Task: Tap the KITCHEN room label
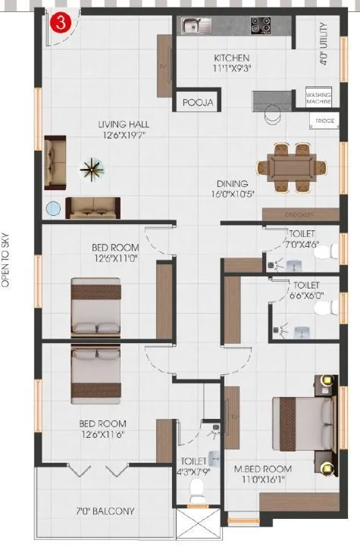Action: point(231,58)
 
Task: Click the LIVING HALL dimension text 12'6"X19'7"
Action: point(123,136)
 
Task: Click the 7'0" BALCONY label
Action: point(105,511)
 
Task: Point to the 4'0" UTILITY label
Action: point(324,48)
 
